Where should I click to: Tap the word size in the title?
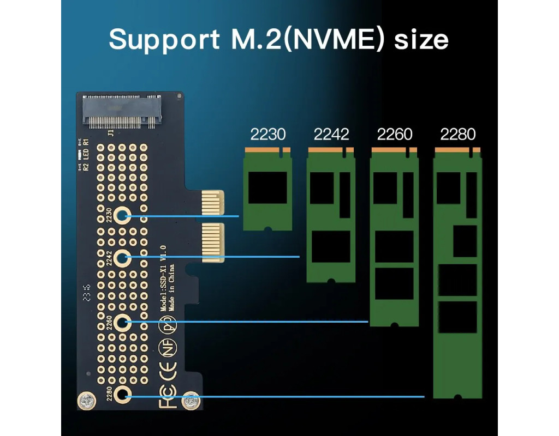coord(421,39)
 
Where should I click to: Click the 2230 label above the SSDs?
coord(267,134)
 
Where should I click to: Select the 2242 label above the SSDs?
coord(331,134)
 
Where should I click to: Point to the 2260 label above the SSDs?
coord(395,134)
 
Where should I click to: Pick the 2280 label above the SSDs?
coord(458,134)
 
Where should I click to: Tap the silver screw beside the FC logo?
coord(190,401)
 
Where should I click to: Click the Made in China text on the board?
coord(171,288)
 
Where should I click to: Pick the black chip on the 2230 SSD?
coord(267,187)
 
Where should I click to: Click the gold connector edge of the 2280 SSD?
coord(457,150)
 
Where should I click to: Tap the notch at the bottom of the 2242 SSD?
coord(331,281)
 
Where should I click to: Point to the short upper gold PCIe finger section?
coord(213,202)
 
